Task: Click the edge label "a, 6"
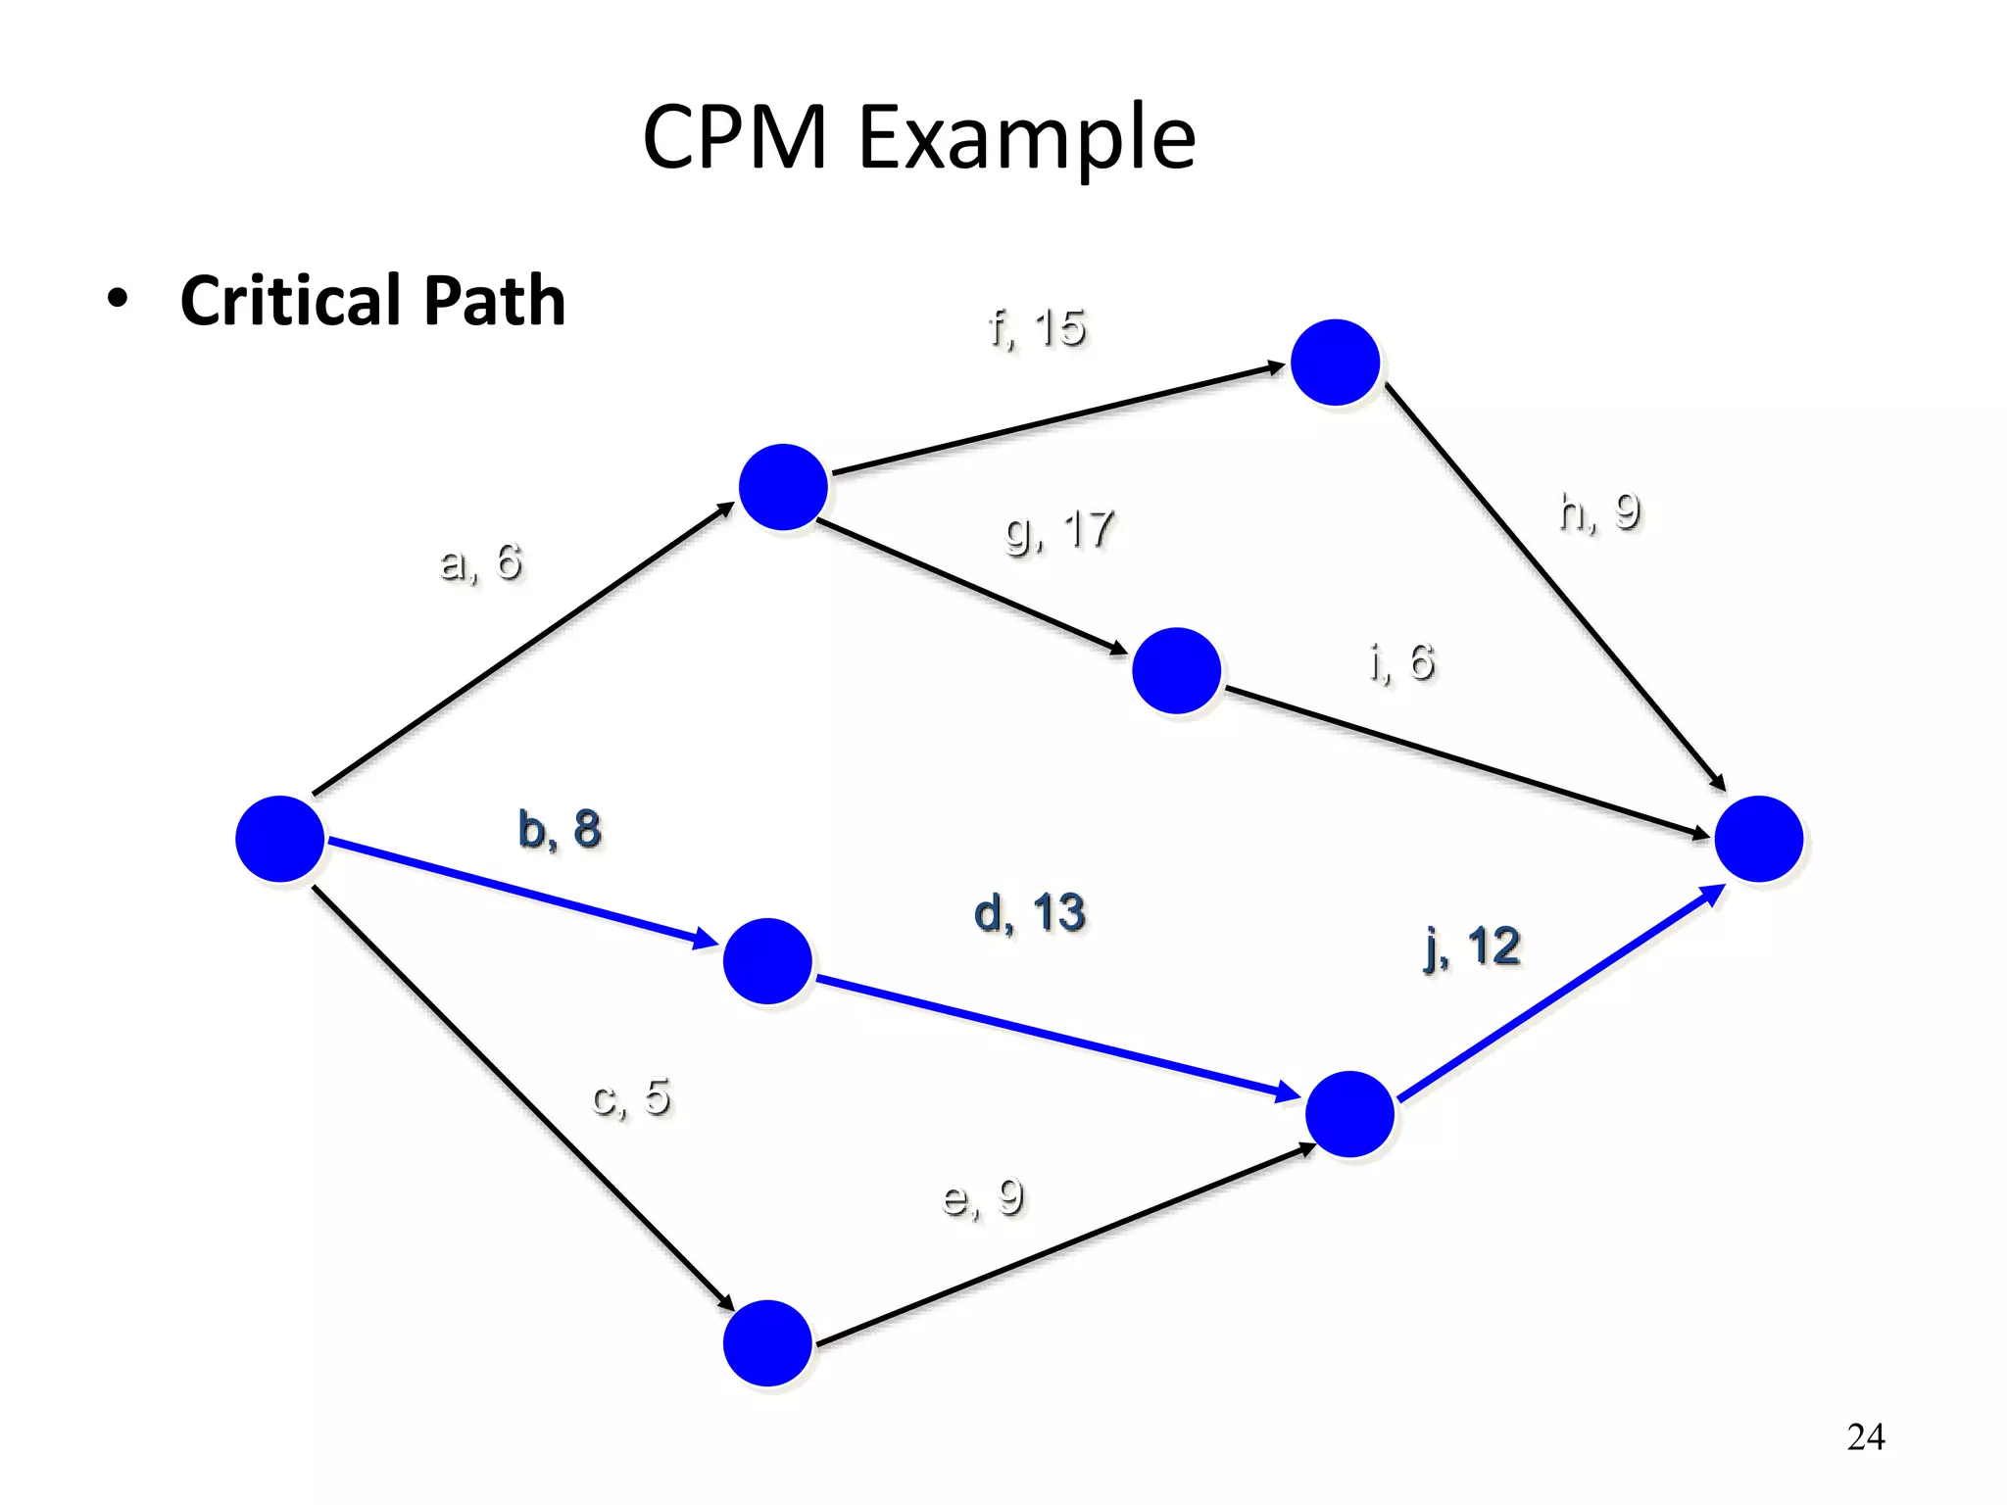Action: pos(481,562)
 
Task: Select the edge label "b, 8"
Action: pos(559,829)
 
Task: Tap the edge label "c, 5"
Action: pos(631,1096)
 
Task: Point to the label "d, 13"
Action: pos(1029,913)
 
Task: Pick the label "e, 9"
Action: pos(982,1197)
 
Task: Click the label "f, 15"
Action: pos(1037,327)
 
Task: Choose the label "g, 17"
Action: pos(1059,530)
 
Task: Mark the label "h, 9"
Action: pos(1599,511)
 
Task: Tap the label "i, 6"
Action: pos(1402,662)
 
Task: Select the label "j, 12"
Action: pos(1472,947)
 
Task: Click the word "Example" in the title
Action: pos(1027,139)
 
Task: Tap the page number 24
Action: pos(1865,1436)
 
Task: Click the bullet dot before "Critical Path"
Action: pos(119,300)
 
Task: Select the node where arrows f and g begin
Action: pos(783,487)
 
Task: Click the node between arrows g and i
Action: pos(1176,671)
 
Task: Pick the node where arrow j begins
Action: pos(1349,1114)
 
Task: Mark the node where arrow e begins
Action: pos(767,1343)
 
